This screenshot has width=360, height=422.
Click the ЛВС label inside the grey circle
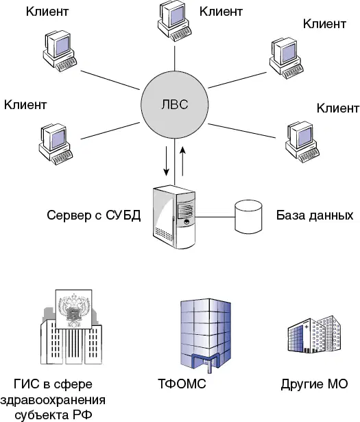pyautogui.click(x=174, y=104)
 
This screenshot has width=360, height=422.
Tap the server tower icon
pyautogui.click(x=174, y=217)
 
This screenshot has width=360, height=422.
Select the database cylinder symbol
pyautogui.click(x=248, y=216)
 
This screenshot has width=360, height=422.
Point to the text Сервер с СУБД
pyautogui.click(x=93, y=215)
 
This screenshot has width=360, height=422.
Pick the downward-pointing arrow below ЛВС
pyautogui.click(x=167, y=161)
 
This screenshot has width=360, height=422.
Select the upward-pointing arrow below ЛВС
pyautogui.click(x=182, y=161)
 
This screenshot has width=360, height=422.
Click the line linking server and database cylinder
pyautogui.click(x=215, y=217)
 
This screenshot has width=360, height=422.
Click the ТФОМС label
pyautogui.click(x=182, y=384)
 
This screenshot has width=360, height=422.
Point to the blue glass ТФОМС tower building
pyautogui.click(x=206, y=336)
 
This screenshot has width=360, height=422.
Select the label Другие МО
pyautogui.click(x=314, y=384)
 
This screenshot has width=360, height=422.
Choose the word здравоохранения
pyautogui.click(x=53, y=399)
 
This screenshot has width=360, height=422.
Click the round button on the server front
pyautogui.click(x=186, y=222)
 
